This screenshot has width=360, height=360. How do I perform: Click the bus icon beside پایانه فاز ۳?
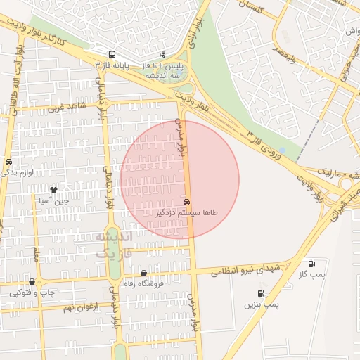(x=111, y=54)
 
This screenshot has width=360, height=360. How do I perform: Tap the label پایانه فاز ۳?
(x=117, y=65)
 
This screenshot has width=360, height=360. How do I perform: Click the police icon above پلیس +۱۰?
(x=163, y=54)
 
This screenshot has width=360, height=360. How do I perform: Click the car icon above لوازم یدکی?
(x=8, y=161)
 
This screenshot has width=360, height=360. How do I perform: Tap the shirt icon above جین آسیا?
(x=53, y=190)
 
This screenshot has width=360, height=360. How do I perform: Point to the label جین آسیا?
(x=53, y=200)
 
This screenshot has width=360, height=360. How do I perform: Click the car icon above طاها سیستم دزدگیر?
(x=186, y=202)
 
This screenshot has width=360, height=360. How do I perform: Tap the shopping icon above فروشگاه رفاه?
(x=144, y=274)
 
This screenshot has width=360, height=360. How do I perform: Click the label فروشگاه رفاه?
(x=143, y=284)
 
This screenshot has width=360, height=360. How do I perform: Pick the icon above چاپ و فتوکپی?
(x=32, y=281)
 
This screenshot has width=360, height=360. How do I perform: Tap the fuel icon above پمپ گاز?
(x=311, y=264)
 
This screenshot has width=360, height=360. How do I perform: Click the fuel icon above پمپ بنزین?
(x=262, y=294)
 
